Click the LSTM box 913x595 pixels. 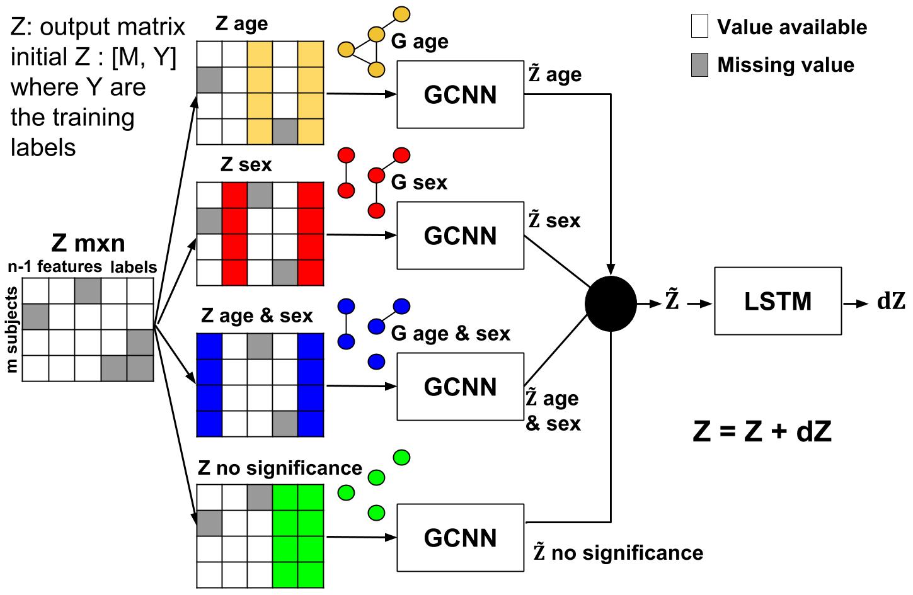point(778,301)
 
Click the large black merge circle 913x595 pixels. point(611,303)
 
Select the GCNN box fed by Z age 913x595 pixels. point(460,94)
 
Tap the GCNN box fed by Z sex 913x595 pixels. point(460,235)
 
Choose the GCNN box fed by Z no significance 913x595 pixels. point(460,538)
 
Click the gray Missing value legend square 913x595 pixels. point(699,65)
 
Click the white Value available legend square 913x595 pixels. point(699,27)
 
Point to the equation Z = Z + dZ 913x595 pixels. point(762,432)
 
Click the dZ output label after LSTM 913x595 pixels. point(890,302)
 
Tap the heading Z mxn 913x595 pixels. point(88,243)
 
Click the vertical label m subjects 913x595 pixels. point(11,330)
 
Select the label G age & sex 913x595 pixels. point(450,333)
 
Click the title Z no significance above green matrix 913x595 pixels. point(280,468)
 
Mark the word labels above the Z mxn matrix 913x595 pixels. point(133,267)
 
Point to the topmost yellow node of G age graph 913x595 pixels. point(401,13)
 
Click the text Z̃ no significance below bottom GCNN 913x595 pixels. point(618,553)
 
